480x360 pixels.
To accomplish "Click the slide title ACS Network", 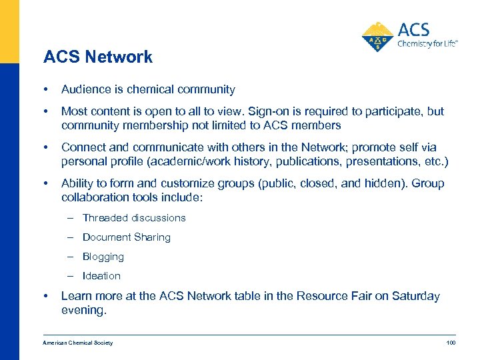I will pos(98,57).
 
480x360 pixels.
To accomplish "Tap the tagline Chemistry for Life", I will pos(426,45).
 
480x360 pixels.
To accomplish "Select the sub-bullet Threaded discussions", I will pos(134,218).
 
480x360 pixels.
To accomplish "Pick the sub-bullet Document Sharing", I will pos(127,237).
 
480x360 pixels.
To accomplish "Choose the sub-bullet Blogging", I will pos(103,257).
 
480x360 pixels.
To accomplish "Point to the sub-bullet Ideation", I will pos(101,276).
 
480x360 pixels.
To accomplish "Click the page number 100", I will pos(450,343).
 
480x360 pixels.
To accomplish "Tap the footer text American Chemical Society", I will pos(78,343).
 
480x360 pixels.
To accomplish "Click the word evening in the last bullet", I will pos(83,310).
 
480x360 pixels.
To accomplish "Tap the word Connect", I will pos(83,147).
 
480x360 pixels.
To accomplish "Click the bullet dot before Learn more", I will pos(45,296).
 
